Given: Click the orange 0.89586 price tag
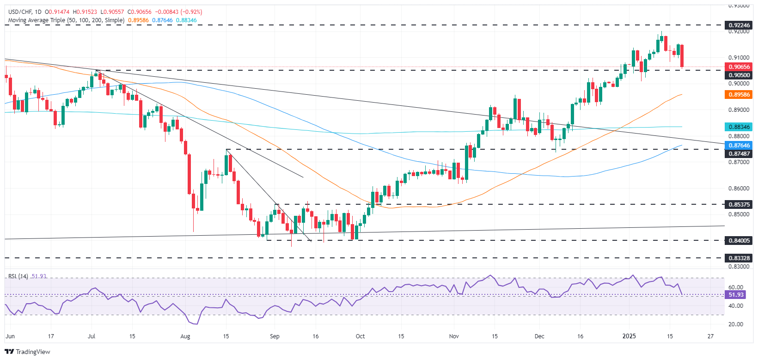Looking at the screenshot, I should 740,95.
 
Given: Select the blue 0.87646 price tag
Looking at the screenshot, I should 740,146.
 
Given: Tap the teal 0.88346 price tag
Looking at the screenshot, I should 740,127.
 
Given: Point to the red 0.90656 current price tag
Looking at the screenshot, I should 740,67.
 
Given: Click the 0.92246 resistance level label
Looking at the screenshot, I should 740,25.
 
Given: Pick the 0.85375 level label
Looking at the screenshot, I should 740,204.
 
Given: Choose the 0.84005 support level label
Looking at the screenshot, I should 740,240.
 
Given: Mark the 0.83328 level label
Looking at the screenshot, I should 740,258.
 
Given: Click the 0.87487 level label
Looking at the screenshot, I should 740,154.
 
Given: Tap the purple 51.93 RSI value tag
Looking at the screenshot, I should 736,295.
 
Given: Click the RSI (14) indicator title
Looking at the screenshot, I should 18,276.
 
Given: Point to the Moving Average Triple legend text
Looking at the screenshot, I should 66,20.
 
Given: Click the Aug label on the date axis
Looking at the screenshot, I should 185,336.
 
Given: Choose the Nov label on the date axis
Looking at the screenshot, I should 454,336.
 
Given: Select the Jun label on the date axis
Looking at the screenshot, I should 10,336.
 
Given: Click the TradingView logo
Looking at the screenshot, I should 27,352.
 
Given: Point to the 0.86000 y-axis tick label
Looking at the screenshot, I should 739,189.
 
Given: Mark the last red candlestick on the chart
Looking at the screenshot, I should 682,56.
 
